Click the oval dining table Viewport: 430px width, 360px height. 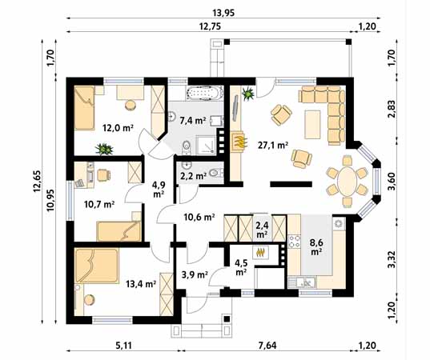[x=345, y=180]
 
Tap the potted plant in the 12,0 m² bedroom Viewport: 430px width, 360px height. [x=102, y=148]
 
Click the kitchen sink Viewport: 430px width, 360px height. [x=304, y=282]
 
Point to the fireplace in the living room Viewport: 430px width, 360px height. [x=239, y=142]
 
